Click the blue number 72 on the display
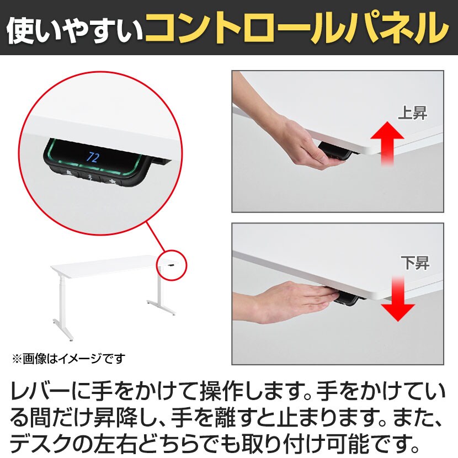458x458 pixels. click(93, 158)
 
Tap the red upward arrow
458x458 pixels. click(387, 143)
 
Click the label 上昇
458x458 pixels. click(413, 113)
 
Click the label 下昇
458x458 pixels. click(415, 263)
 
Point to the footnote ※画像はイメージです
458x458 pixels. click(68, 359)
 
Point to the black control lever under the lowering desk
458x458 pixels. click(346, 300)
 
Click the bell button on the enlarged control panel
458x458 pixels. click(68, 173)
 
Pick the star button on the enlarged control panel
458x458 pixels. click(111, 182)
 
